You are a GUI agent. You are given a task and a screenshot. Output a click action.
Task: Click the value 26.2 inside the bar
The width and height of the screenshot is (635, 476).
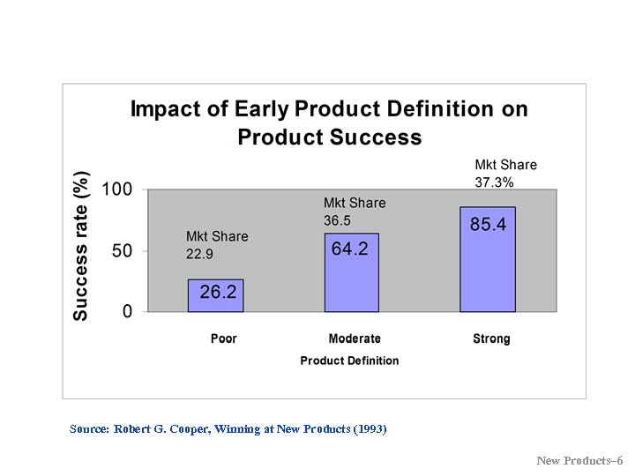click(218, 292)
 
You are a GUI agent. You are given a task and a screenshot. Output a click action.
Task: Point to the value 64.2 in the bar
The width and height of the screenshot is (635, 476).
click(350, 249)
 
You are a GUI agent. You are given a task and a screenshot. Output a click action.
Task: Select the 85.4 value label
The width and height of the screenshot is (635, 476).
click(488, 225)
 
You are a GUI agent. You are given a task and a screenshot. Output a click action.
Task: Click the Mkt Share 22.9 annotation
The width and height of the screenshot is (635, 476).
click(217, 245)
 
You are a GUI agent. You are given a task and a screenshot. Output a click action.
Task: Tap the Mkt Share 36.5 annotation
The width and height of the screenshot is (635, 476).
click(355, 212)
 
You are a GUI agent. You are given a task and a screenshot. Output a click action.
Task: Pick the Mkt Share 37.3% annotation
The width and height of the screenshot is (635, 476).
click(505, 174)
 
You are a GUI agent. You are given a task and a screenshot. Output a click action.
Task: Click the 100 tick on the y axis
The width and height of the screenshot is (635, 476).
click(117, 190)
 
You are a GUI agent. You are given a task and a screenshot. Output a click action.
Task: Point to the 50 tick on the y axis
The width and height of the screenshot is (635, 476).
click(123, 250)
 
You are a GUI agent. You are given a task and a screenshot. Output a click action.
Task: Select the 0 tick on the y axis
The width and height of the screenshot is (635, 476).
click(128, 311)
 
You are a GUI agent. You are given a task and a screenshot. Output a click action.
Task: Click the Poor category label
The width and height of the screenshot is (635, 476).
click(224, 338)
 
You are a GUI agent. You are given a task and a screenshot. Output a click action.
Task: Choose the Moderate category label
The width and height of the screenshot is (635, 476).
click(355, 338)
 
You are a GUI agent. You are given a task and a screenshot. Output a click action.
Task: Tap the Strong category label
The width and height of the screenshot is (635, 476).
click(491, 338)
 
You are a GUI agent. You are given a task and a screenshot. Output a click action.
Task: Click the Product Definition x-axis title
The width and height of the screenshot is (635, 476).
click(349, 361)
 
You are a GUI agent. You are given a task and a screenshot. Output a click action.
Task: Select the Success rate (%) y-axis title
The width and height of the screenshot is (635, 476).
click(80, 245)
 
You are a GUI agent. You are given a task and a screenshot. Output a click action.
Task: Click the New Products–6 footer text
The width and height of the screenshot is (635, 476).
click(579, 461)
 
